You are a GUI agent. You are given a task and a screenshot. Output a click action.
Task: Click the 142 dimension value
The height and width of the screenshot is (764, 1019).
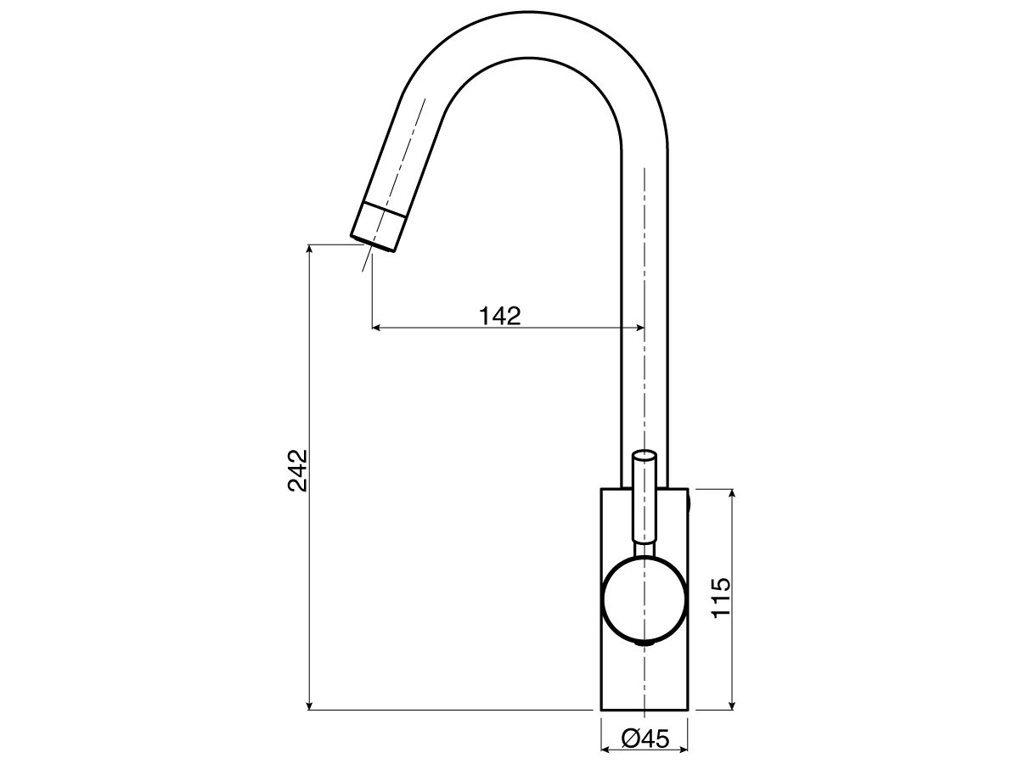click(x=499, y=316)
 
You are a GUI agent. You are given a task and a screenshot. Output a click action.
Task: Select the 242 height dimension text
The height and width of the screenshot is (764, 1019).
click(x=298, y=470)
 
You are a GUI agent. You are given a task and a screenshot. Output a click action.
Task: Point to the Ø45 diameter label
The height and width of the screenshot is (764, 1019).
click(x=645, y=739)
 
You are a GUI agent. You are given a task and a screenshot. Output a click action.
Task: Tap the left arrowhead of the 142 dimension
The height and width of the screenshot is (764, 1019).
click(x=379, y=327)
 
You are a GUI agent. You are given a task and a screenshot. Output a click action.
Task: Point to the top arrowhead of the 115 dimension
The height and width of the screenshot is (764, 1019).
click(x=732, y=495)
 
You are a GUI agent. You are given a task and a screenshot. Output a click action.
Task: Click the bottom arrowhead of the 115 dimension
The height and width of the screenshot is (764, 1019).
click(x=732, y=704)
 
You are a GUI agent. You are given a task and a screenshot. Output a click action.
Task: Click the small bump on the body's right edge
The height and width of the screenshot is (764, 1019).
click(x=690, y=503)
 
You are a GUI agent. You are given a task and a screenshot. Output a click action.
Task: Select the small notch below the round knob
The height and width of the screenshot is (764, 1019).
click(x=645, y=644)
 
